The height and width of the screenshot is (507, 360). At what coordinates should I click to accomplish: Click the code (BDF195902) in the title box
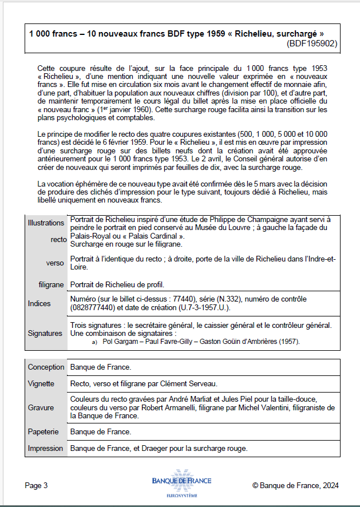point(311,43)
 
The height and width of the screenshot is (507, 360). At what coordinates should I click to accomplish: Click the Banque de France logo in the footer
point(181,484)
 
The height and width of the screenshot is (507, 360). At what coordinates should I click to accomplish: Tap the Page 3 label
point(36,486)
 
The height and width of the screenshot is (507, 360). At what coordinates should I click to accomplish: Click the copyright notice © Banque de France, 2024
point(295,486)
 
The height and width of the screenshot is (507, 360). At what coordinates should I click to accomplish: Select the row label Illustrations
point(46,223)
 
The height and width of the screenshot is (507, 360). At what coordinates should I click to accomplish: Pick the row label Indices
point(39,303)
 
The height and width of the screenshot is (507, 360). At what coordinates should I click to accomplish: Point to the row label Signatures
point(45,333)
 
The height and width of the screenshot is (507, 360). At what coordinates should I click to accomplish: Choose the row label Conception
point(46,367)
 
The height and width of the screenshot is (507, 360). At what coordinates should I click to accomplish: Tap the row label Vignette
point(41,383)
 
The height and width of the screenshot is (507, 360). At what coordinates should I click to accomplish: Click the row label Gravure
point(41,408)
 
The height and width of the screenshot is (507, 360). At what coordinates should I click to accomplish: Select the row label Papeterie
point(43,432)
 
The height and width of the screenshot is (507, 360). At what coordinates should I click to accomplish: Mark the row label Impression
point(46,449)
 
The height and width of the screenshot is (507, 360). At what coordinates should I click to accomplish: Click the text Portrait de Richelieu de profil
point(117,284)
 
